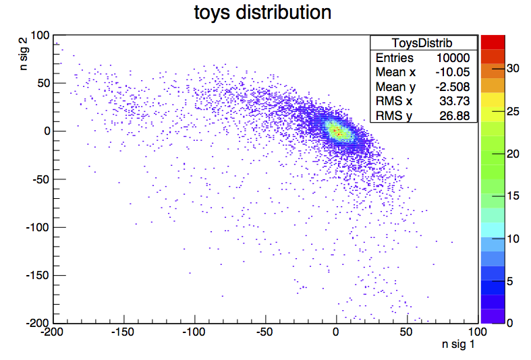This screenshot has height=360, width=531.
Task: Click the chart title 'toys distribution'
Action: coord(262,12)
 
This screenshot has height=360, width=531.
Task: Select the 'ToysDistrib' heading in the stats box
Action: coord(423,42)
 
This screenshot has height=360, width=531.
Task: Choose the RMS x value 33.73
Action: coord(459,101)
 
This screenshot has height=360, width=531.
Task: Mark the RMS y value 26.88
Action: coord(459,115)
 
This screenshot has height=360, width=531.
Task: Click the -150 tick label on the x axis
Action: coord(123,332)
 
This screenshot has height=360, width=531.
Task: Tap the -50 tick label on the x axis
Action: coord(264,332)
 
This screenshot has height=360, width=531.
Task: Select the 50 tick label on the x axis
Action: coord(407,332)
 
